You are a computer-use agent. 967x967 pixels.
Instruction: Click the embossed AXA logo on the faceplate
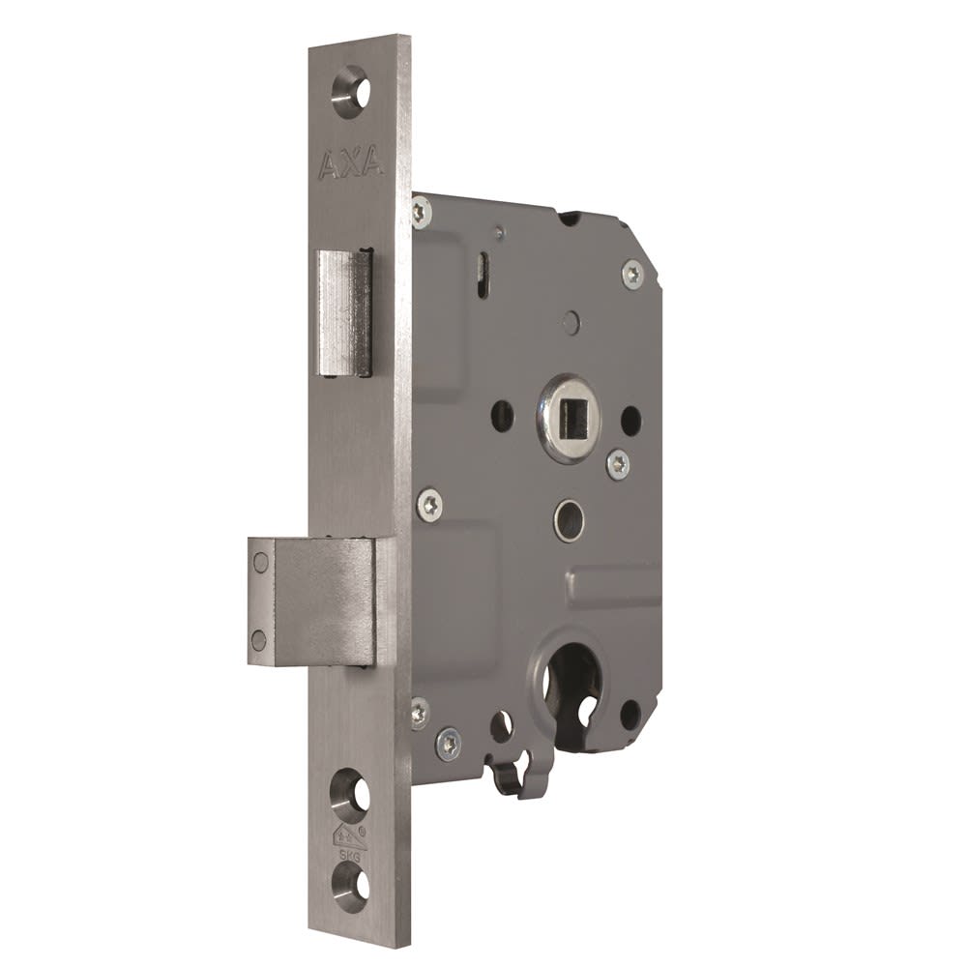pyautogui.click(x=350, y=164)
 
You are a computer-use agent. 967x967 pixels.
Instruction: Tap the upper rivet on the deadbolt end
pyautogui.click(x=259, y=562)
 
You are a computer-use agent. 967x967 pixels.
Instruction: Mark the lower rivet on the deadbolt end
pyautogui.click(x=258, y=639)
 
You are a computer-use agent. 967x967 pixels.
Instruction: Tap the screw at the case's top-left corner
pyautogui.click(x=421, y=211)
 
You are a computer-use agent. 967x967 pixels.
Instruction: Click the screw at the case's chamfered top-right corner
pyautogui.click(x=632, y=273)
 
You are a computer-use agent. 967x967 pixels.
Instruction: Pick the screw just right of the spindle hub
pyautogui.click(x=618, y=463)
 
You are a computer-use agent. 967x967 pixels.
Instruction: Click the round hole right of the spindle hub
pyautogui.click(x=630, y=420)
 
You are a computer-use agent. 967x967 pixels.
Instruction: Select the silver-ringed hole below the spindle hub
pyautogui.click(x=570, y=520)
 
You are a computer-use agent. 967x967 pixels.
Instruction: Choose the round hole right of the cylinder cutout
pyautogui.click(x=630, y=715)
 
